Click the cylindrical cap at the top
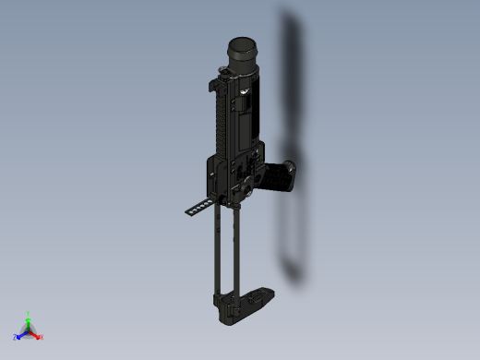tap(244, 53)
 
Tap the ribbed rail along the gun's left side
tap(222, 120)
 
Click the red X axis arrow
tap(35, 334)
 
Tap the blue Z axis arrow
tap(21, 334)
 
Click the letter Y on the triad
tap(29, 314)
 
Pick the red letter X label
tap(42, 337)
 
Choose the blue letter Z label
tap(15, 337)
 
